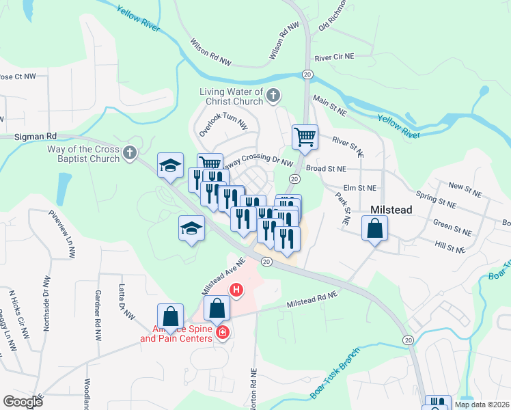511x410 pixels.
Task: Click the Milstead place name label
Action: click(x=391, y=210)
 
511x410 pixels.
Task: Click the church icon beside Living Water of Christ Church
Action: click(x=273, y=96)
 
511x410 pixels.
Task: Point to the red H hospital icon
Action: click(x=236, y=290)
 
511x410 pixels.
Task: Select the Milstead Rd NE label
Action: click(x=312, y=299)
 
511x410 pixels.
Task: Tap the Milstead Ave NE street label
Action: click(x=223, y=276)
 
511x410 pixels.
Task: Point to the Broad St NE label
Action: click(x=326, y=168)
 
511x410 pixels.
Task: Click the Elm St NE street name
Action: click(x=360, y=187)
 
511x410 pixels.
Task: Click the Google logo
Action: click(x=23, y=401)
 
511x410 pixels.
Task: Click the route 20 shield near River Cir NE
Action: click(x=307, y=74)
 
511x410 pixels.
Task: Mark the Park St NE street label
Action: click(x=342, y=208)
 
